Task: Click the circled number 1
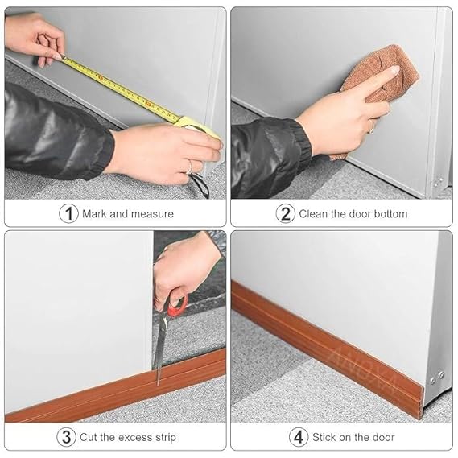68,213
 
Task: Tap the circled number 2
286,213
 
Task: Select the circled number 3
66,437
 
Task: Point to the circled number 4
299,437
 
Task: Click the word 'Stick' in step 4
324,437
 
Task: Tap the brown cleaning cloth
380,79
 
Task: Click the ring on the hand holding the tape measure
190,166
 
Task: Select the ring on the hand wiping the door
372,126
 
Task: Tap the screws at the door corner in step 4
437,378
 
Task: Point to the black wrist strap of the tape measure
201,184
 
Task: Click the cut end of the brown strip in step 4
421,402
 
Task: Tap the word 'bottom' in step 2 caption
391,214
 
